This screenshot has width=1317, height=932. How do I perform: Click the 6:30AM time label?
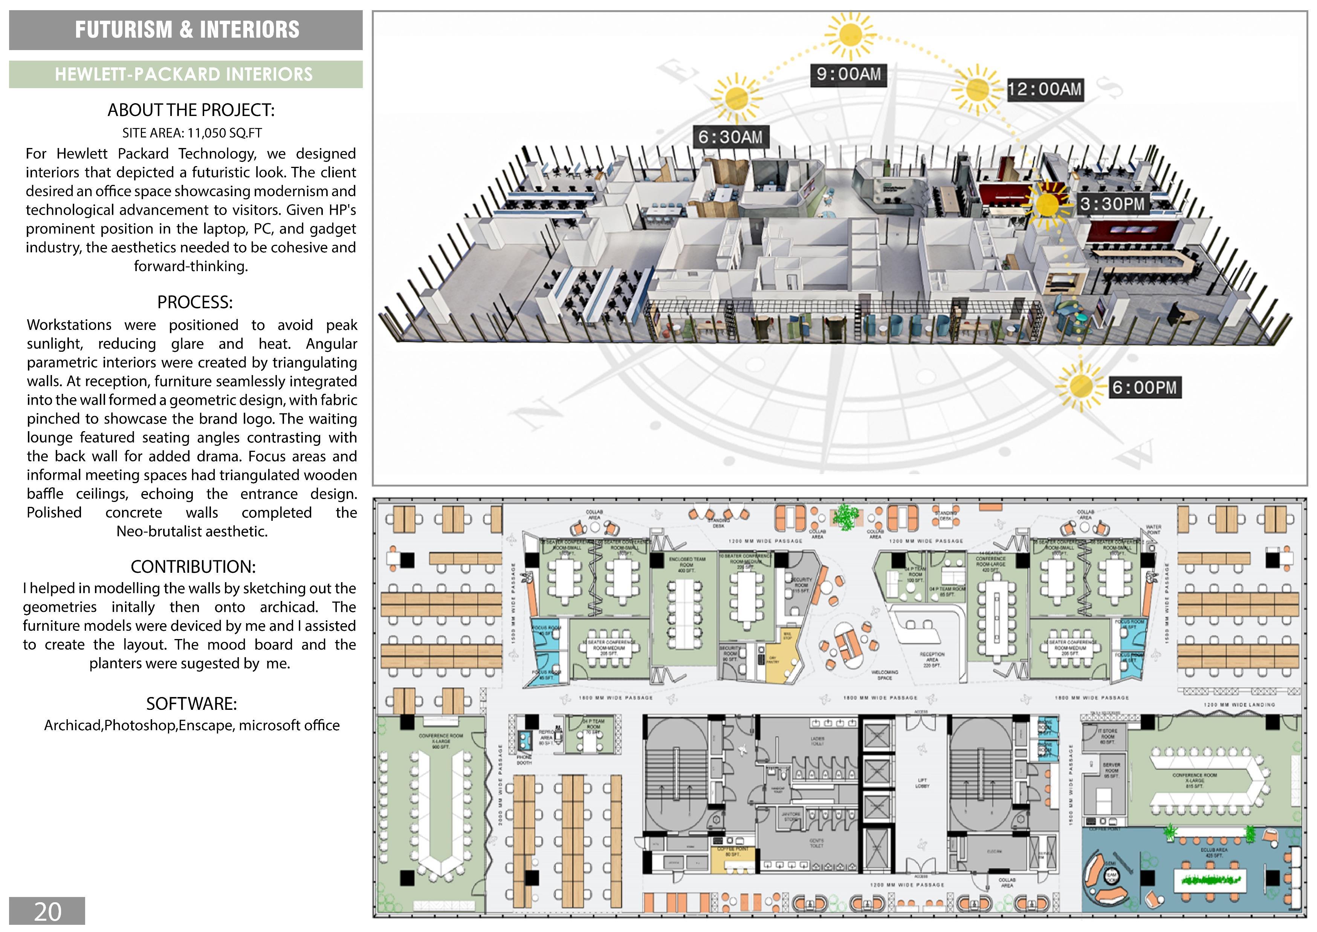click(730, 137)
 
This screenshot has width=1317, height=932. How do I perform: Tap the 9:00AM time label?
click(848, 74)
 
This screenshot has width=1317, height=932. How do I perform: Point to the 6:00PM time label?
click(1144, 387)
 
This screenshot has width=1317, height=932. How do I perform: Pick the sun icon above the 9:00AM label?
click(848, 35)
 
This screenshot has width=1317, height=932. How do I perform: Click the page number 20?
click(47, 911)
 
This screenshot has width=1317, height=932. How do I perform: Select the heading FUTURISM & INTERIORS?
click(186, 30)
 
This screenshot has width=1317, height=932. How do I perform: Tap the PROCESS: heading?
click(195, 302)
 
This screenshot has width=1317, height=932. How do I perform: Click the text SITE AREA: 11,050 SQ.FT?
click(192, 133)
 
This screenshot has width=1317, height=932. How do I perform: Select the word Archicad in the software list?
click(73, 725)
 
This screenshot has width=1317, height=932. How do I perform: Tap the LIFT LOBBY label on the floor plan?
click(922, 783)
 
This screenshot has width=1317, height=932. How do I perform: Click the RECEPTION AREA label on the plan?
click(931, 657)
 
